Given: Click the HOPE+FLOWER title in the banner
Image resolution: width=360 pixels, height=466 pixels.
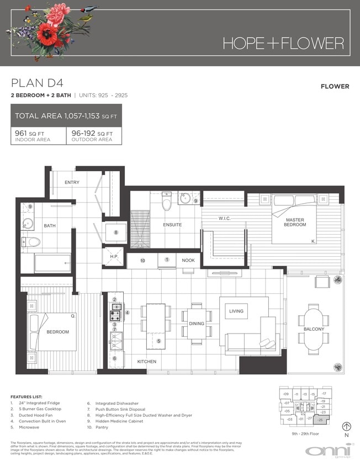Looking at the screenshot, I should (283, 44).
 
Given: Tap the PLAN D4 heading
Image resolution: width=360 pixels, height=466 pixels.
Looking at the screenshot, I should (37, 83).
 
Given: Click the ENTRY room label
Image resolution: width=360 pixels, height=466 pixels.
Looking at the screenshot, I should (72, 182).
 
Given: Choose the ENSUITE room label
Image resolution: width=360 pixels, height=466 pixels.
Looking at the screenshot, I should (172, 225).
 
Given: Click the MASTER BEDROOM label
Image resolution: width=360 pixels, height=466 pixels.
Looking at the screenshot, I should (292, 223).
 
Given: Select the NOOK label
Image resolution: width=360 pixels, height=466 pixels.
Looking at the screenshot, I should (188, 260).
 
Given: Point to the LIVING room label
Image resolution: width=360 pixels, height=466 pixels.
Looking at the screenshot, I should (236, 311).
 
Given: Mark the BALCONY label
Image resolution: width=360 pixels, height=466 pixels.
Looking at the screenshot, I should (314, 329).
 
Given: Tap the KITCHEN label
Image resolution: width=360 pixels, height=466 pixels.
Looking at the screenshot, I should (147, 362).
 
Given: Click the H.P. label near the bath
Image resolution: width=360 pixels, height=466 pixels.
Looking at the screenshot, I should (114, 256).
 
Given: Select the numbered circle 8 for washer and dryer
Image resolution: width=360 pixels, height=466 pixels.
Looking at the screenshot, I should (116, 232).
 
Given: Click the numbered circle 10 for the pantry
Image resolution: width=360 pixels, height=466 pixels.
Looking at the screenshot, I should (142, 260).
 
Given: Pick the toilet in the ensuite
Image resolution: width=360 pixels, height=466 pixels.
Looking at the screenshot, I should (167, 204).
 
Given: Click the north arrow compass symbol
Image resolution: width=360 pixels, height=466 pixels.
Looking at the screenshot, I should (347, 426).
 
